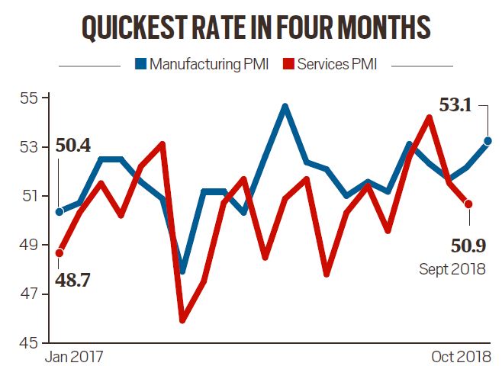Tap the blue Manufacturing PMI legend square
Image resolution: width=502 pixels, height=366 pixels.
coord(141,64)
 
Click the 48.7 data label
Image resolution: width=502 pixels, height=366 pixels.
coord(74,282)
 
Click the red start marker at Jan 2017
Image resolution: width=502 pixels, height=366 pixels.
coord(59,252)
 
